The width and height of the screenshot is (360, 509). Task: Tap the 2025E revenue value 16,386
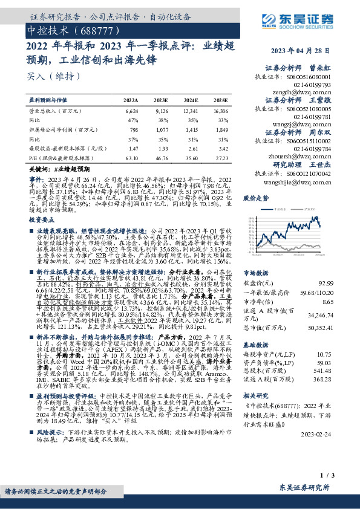[x=221, y=111]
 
